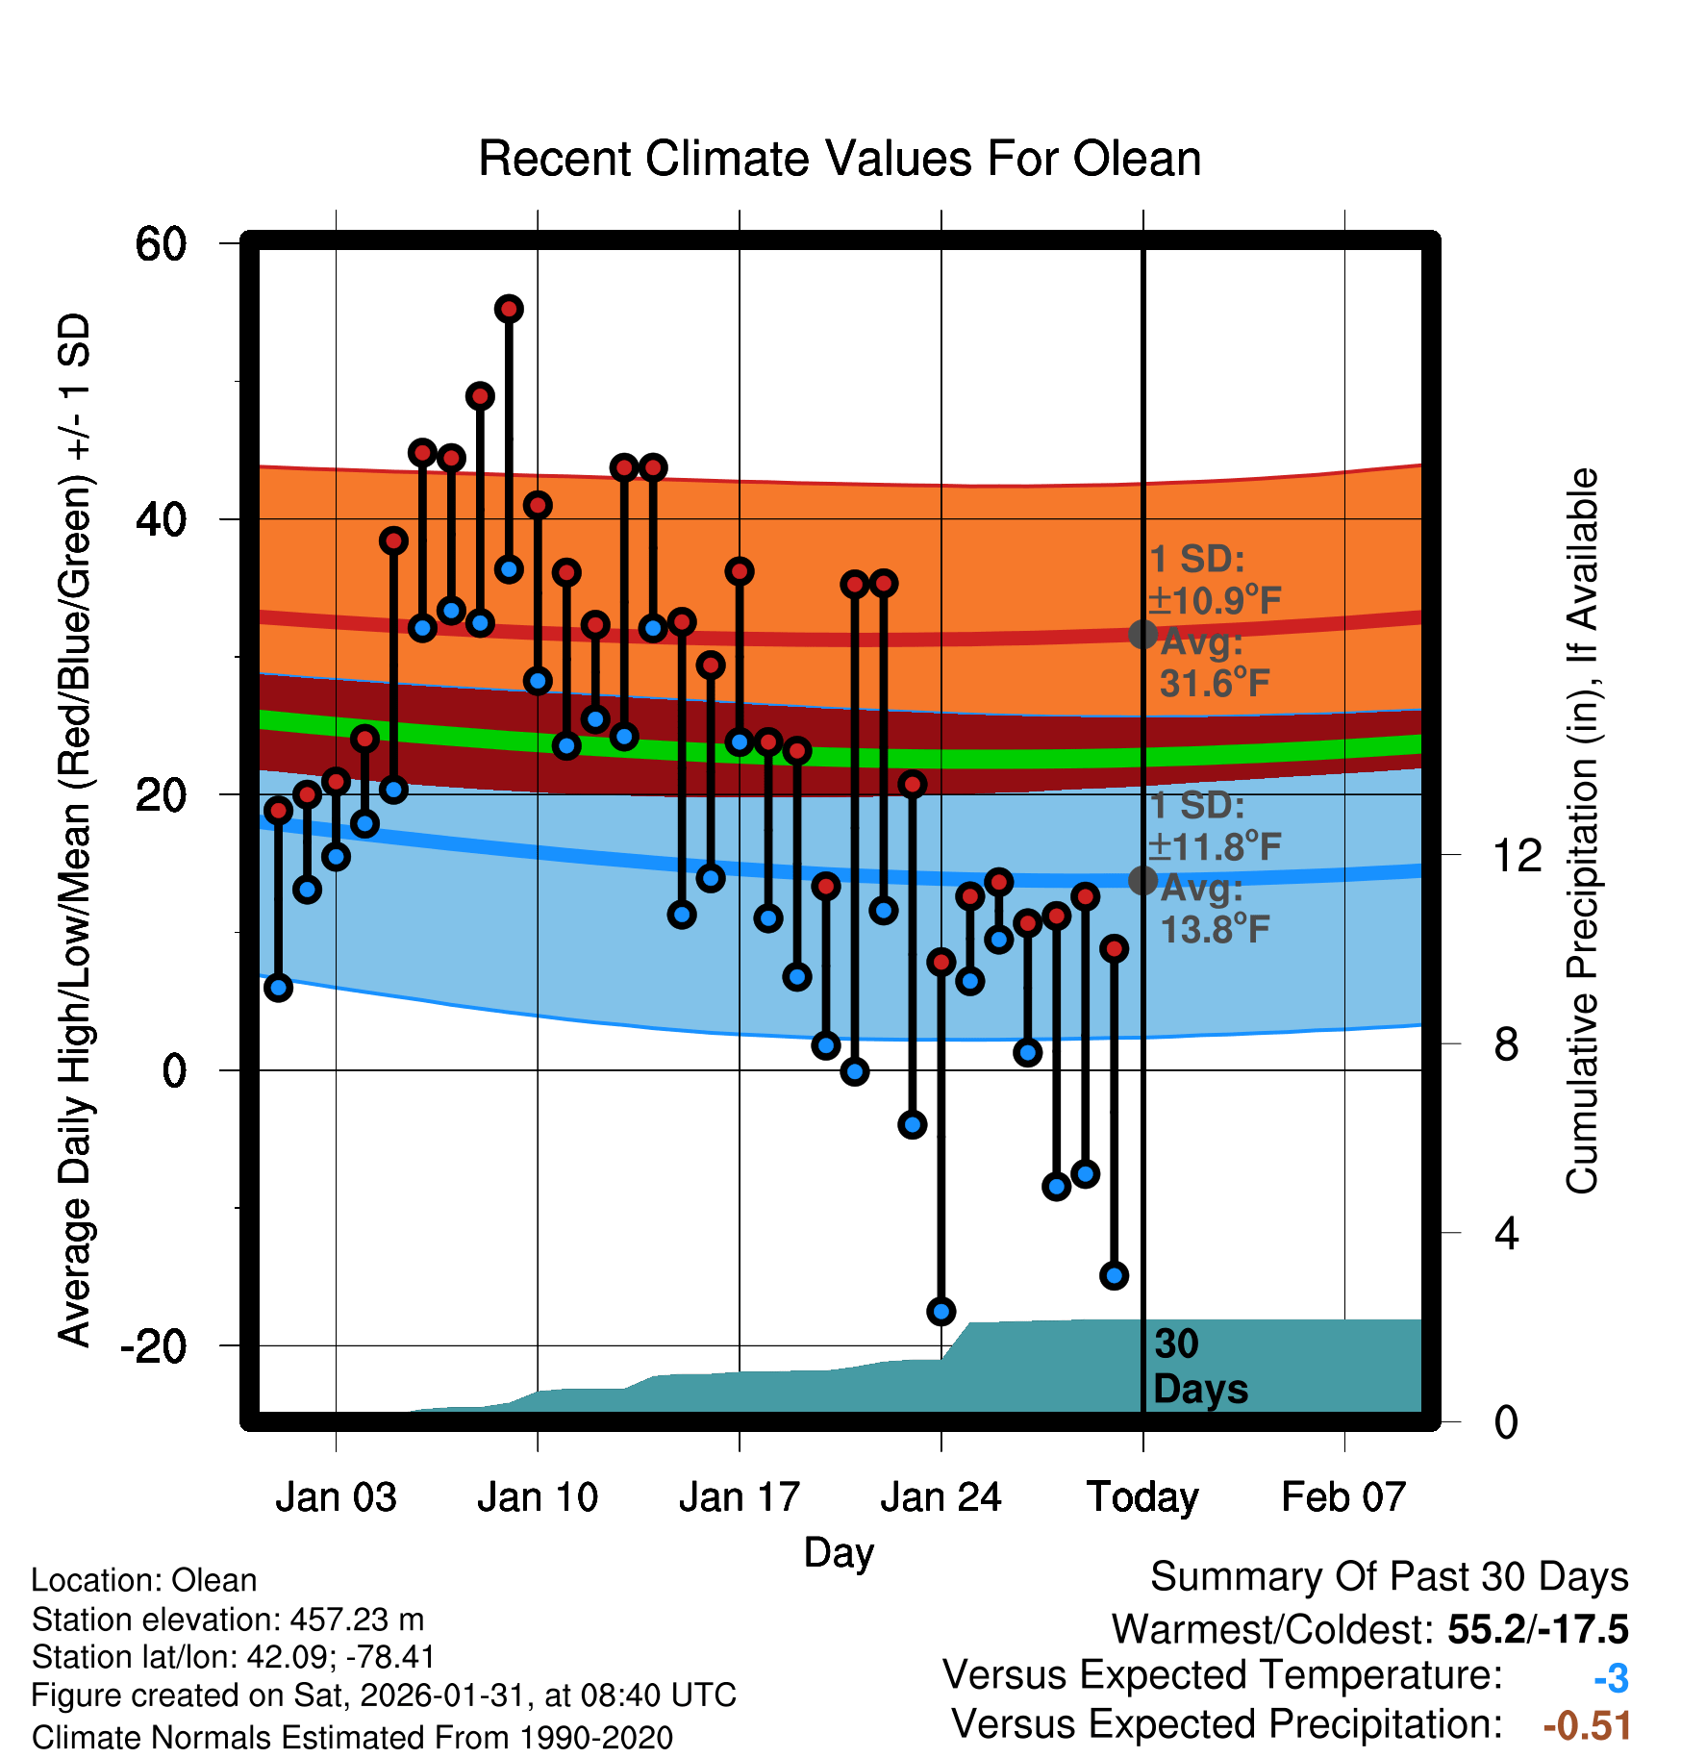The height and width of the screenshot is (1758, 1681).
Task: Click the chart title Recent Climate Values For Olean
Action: [840, 159]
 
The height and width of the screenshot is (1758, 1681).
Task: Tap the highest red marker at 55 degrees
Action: [509, 309]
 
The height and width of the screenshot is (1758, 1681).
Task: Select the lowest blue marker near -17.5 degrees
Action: [941, 1311]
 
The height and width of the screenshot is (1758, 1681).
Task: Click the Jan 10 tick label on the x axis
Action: [538, 1497]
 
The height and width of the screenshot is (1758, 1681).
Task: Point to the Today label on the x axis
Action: [1142, 1497]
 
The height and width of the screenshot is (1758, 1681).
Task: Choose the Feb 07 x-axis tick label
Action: [1343, 1497]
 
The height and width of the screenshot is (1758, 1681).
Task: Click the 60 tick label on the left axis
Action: [161, 244]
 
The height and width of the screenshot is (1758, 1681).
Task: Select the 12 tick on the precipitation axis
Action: [1518, 855]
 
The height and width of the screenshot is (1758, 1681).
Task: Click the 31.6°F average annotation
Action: [1215, 684]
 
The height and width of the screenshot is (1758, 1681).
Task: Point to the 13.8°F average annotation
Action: [1215, 929]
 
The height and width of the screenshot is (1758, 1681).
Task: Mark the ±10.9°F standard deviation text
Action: [1215, 601]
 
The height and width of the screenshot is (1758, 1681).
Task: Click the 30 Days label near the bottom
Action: [1199, 1367]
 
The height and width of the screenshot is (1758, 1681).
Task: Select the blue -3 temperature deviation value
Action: [1611, 1678]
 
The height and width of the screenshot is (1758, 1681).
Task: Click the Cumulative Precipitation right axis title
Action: [1582, 831]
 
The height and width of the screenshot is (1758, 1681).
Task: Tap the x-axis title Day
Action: [839, 1552]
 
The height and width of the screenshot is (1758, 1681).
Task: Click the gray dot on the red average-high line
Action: [1142, 634]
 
